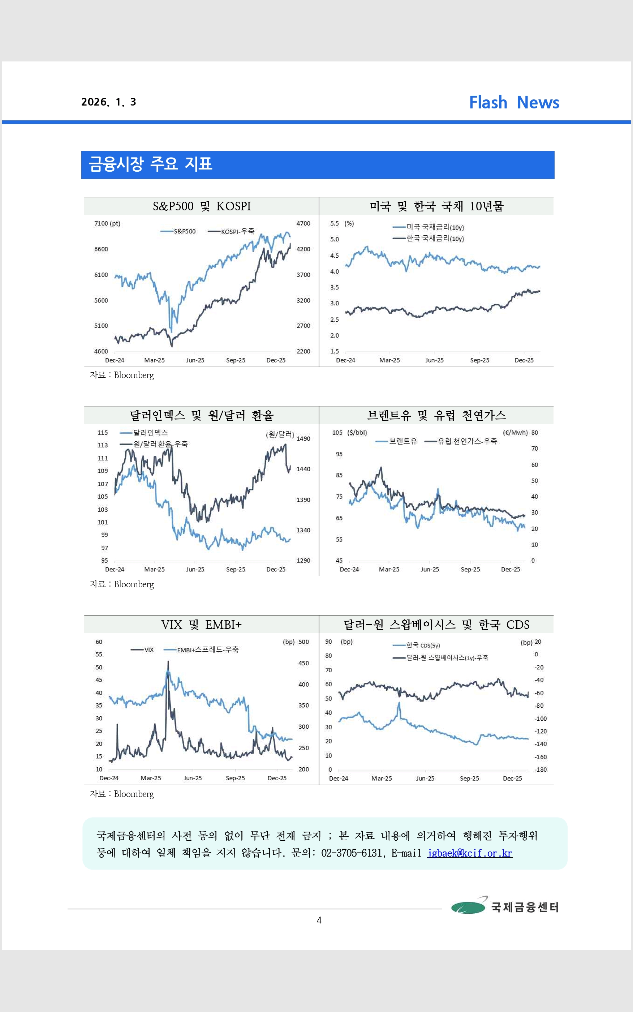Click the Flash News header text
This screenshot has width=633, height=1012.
(x=514, y=103)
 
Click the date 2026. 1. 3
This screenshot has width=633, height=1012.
(x=108, y=102)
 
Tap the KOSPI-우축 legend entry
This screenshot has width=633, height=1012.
(x=237, y=231)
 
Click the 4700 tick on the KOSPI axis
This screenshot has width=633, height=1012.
(x=303, y=224)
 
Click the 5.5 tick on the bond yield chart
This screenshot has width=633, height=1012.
(x=334, y=224)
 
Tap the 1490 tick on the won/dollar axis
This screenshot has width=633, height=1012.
(x=303, y=439)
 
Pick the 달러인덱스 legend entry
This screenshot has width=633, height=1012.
(x=150, y=433)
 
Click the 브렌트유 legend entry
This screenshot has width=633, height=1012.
(x=402, y=441)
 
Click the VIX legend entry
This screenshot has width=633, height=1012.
(x=148, y=650)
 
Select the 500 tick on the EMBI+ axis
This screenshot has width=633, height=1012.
(x=303, y=642)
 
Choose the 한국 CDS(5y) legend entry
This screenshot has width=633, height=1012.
(x=422, y=646)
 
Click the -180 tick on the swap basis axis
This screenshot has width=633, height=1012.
(x=541, y=769)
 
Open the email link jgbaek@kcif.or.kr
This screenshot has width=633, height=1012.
(x=469, y=853)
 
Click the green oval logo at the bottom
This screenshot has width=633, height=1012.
(x=468, y=907)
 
